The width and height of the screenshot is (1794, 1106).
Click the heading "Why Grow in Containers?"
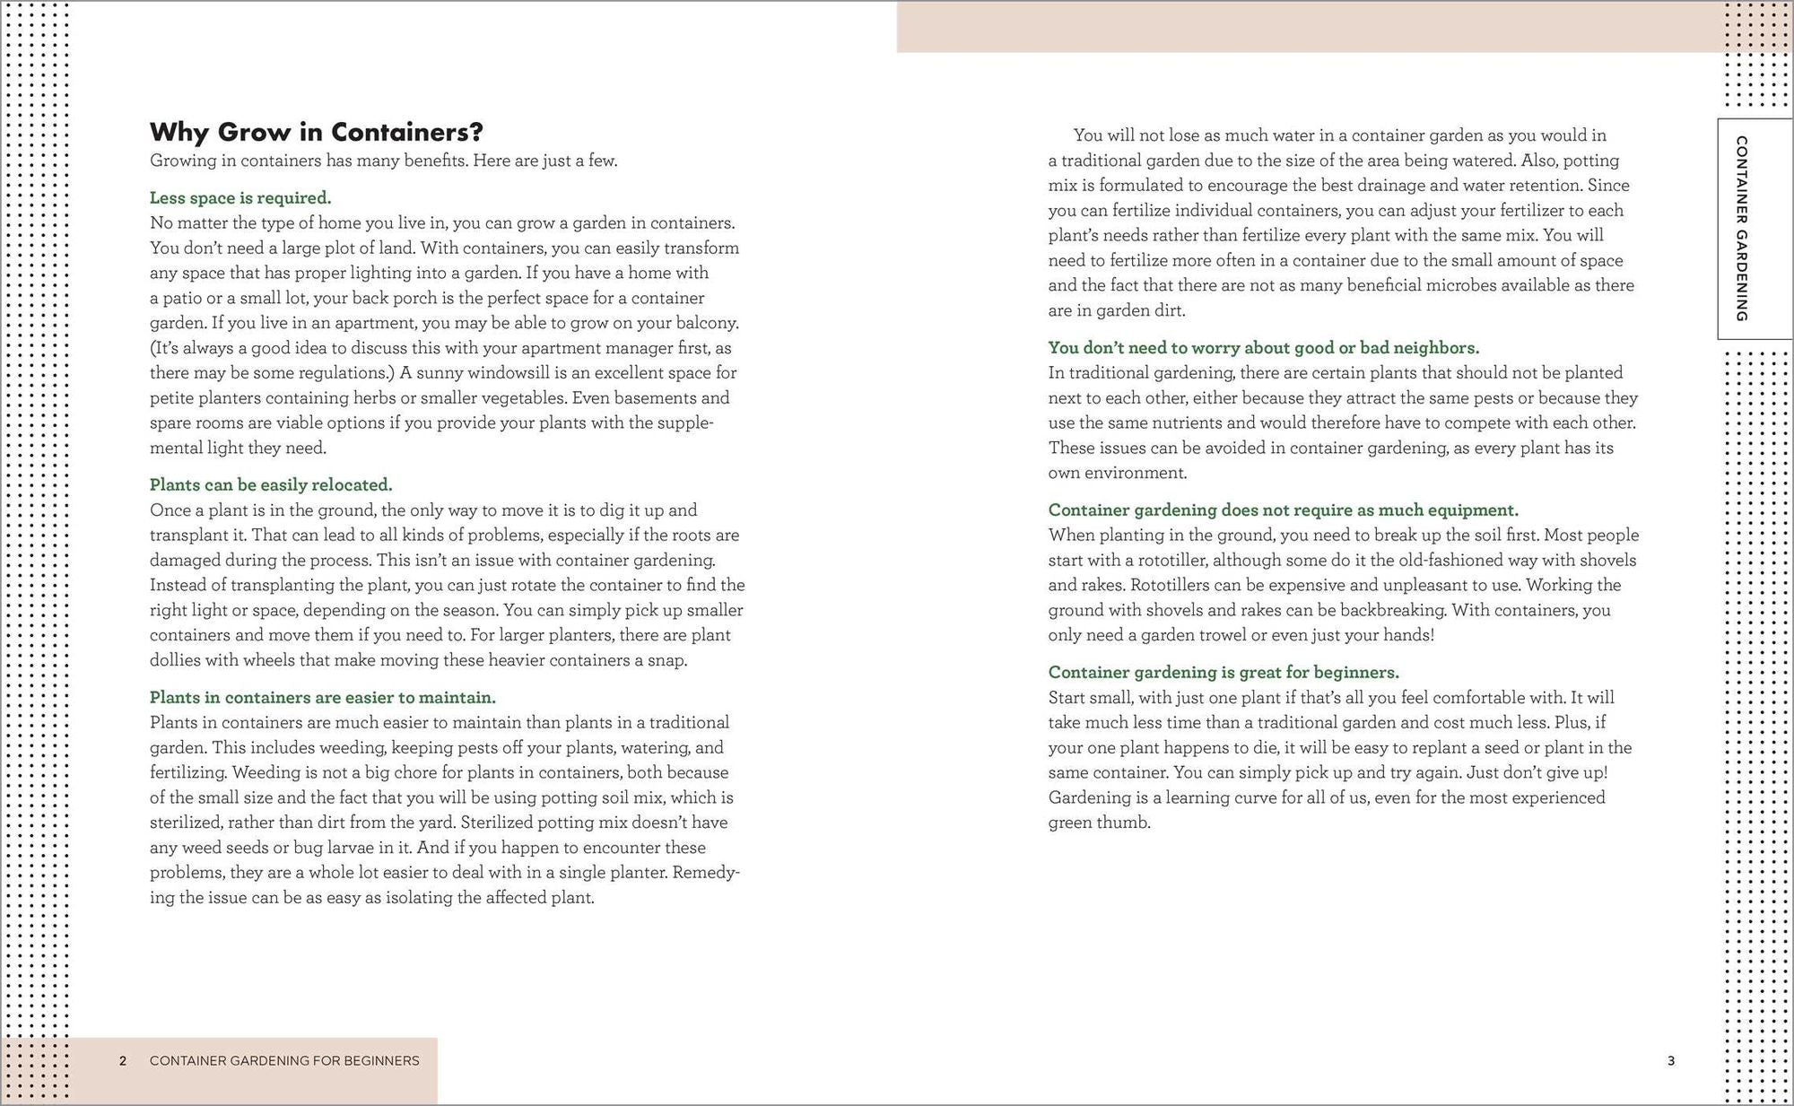(316, 132)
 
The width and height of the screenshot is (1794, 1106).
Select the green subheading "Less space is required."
(240, 197)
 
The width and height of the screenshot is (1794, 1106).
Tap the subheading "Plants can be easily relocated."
(271, 484)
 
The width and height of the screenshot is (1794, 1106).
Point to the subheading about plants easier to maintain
(322, 697)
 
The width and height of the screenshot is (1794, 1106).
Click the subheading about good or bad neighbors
(1263, 347)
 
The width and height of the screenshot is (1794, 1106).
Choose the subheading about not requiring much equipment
(1283, 509)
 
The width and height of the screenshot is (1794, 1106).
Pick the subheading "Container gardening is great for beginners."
(1224, 672)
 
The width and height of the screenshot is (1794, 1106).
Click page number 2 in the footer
(123, 1060)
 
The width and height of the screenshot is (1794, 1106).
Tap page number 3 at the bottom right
(1670, 1060)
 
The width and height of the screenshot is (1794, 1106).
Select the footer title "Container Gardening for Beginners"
(284, 1060)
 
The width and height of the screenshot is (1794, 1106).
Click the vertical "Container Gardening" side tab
(1741, 229)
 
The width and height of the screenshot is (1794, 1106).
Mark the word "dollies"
(177, 659)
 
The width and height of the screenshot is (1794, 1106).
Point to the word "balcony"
(709, 322)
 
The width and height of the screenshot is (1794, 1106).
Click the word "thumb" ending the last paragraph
(1126, 822)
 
